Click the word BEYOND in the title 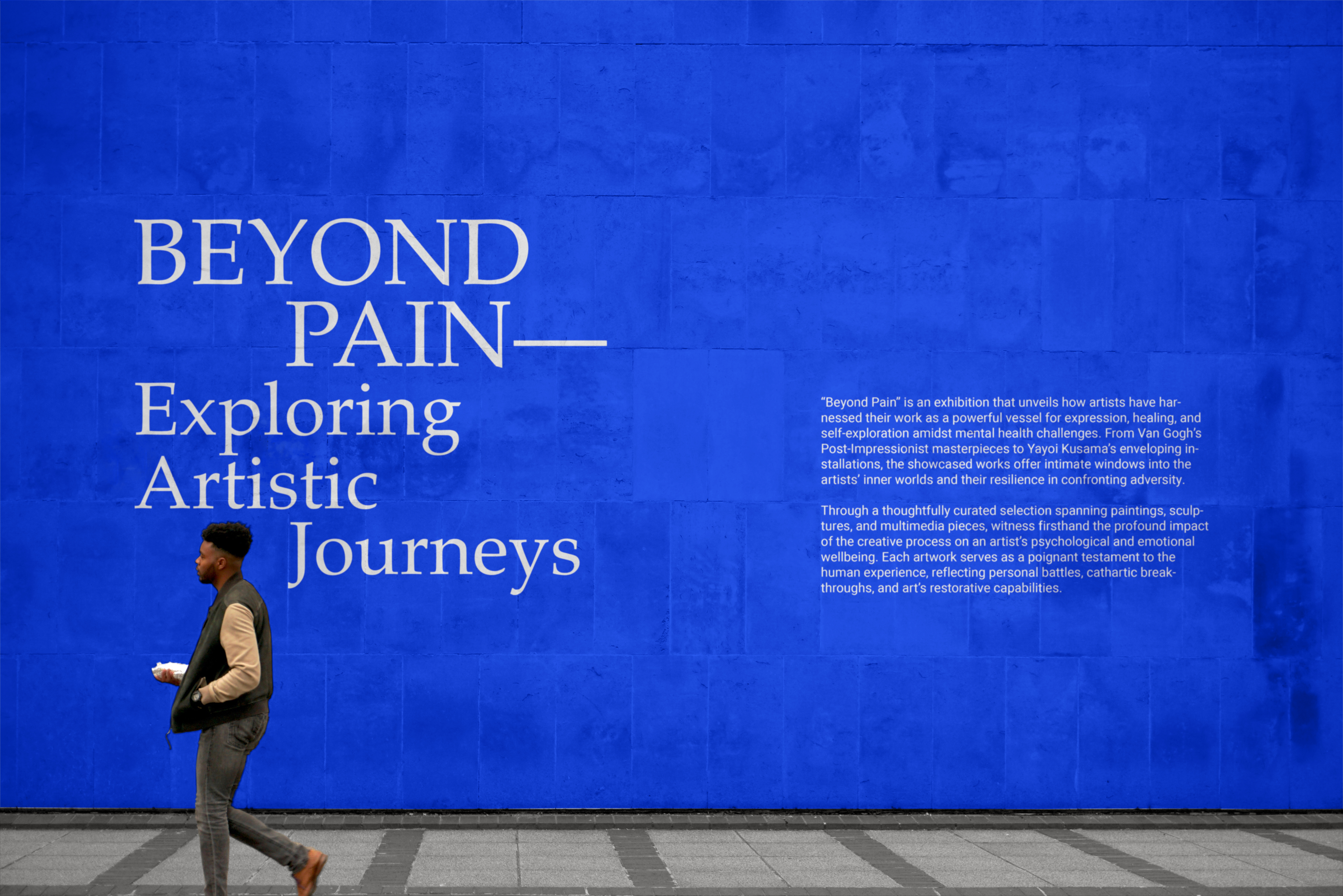[x=332, y=252]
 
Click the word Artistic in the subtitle [x=256, y=483]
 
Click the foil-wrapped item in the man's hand [x=170, y=671]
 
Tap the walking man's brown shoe [x=310, y=871]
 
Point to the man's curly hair [x=227, y=539]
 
